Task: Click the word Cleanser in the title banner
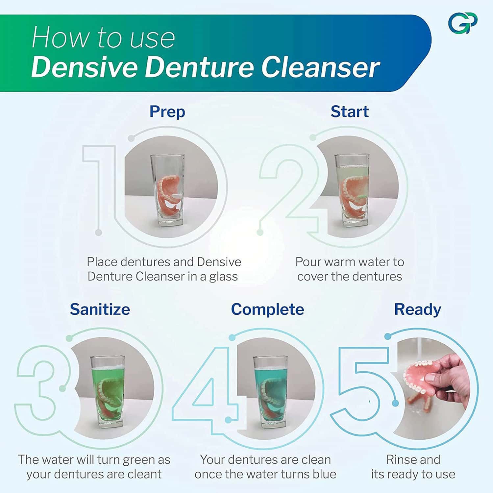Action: [x=321, y=67]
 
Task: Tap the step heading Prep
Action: [x=167, y=111]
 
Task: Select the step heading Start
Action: [x=349, y=111]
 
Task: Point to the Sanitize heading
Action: [x=100, y=309]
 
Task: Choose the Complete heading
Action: [x=267, y=309]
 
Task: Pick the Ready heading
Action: [x=417, y=309]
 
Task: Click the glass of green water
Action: [x=107, y=391]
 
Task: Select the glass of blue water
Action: [x=270, y=391]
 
